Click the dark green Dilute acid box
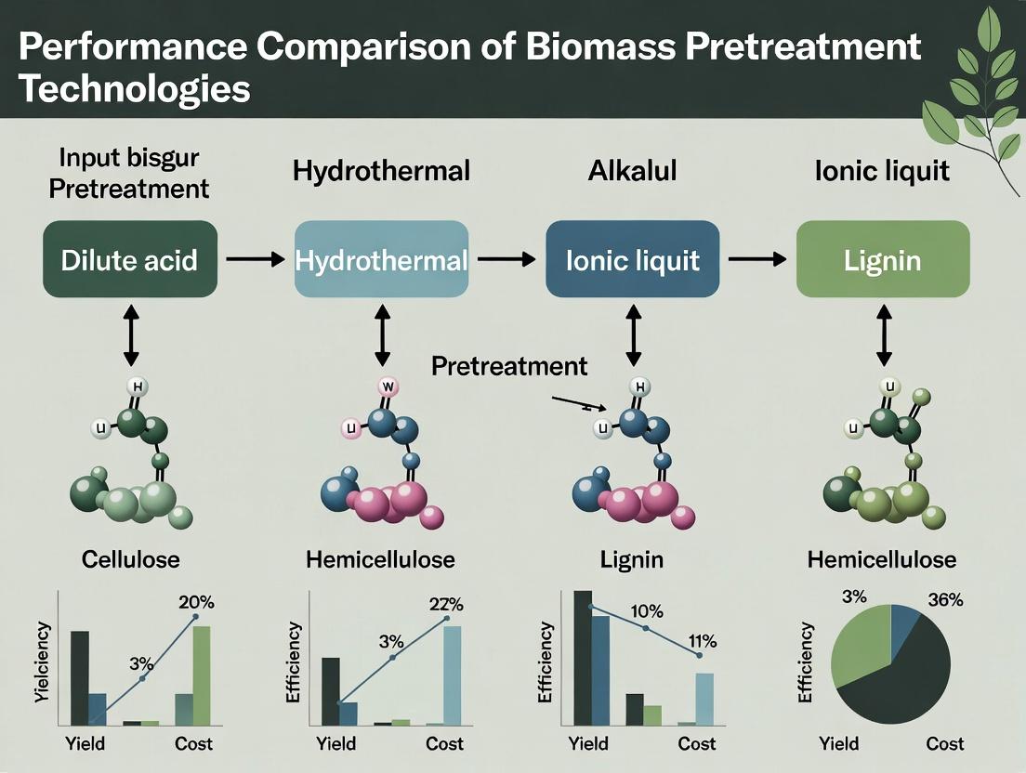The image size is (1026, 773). (129, 259)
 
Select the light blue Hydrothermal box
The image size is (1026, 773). (381, 259)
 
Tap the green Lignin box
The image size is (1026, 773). (883, 259)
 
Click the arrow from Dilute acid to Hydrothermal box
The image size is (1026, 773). (256, 259)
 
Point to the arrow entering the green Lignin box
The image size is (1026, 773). (757, 259)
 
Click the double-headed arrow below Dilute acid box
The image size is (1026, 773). (131, 334)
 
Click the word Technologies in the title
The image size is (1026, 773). (135, 89)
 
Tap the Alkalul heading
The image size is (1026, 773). (632, 171)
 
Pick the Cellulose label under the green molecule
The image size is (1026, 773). (131, 559)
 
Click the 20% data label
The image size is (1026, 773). (196, 602)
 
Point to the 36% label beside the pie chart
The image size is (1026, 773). (945, 599)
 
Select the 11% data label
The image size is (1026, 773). (702, 642)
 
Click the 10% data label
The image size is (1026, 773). (647, 611)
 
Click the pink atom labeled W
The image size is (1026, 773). (388, 387)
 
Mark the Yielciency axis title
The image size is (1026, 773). (42, 662)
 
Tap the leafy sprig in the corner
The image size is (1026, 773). (974, 98)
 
